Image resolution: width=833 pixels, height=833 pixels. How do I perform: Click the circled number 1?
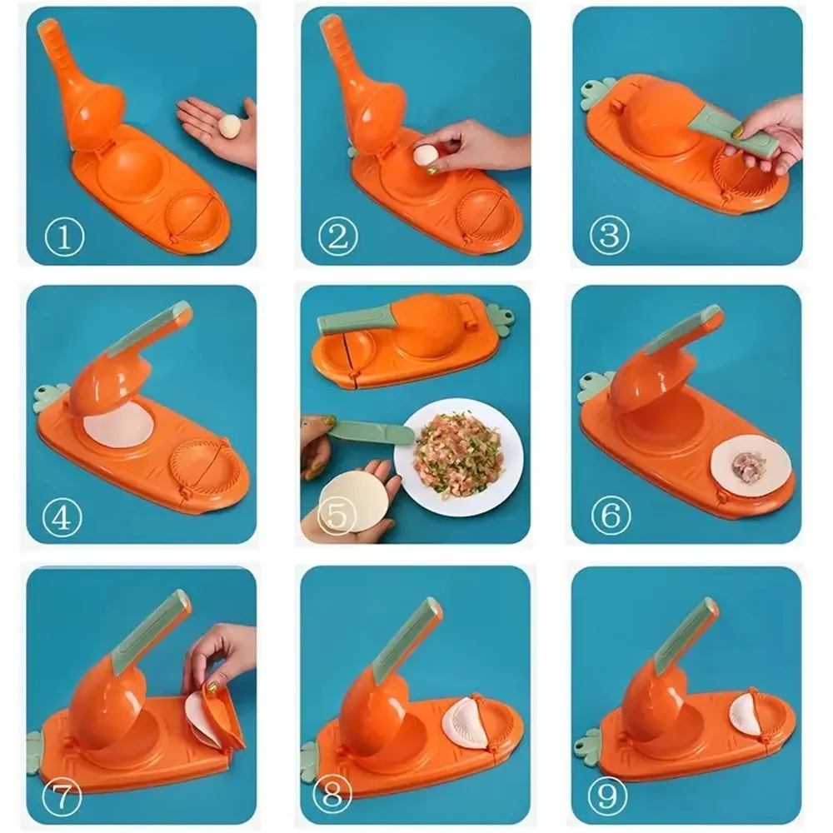point(64,238)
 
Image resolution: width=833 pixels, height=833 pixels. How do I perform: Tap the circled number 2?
point(337,238)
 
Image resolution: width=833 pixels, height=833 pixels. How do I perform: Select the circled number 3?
point(609,237)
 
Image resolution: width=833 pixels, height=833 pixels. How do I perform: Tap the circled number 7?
point(62,799)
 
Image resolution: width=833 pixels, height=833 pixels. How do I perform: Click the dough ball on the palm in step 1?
point(229,126)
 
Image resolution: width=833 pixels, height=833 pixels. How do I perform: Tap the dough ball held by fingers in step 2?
point(425,155)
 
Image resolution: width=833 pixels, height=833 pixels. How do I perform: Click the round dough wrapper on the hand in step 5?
point(354,502)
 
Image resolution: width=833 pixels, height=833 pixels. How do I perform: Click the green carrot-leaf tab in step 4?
point(51,397)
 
